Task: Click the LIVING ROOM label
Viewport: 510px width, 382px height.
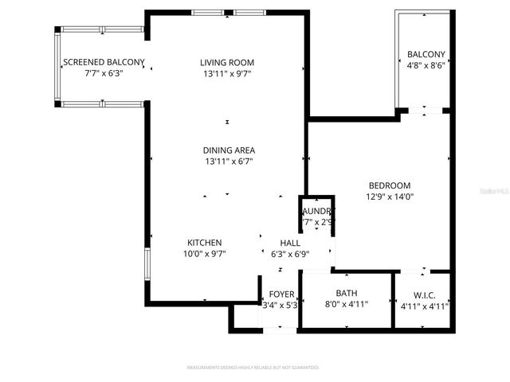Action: (x=227, y=63)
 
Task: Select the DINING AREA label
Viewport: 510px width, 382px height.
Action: (x=227, y=150)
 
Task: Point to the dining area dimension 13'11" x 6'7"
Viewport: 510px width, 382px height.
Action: (x=227, y=162)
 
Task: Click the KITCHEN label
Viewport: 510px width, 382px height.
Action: (x=204, y=243)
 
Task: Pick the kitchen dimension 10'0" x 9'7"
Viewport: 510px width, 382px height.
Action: (x=204, y=255)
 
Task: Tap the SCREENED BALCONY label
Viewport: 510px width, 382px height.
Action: (x=104, y=62)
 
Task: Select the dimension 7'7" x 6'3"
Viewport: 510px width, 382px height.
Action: (x=104, y=73)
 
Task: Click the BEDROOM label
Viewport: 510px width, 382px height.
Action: (x=389, y=185)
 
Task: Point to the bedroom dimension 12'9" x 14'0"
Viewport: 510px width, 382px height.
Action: (x=389, y=197)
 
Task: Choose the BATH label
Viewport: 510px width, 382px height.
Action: (x=346, y=293)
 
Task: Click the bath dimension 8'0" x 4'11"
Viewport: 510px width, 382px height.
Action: (x=346, y=304)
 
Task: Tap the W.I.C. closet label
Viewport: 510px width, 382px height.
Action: (x=423, y=294)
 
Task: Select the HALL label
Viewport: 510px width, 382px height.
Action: (x=289, y=243)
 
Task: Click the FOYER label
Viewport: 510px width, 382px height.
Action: (x=280, y=294)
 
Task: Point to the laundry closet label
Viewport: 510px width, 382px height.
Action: (x=317, y=211)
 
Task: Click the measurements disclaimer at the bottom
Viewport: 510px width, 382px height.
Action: (x=253, y=368)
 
